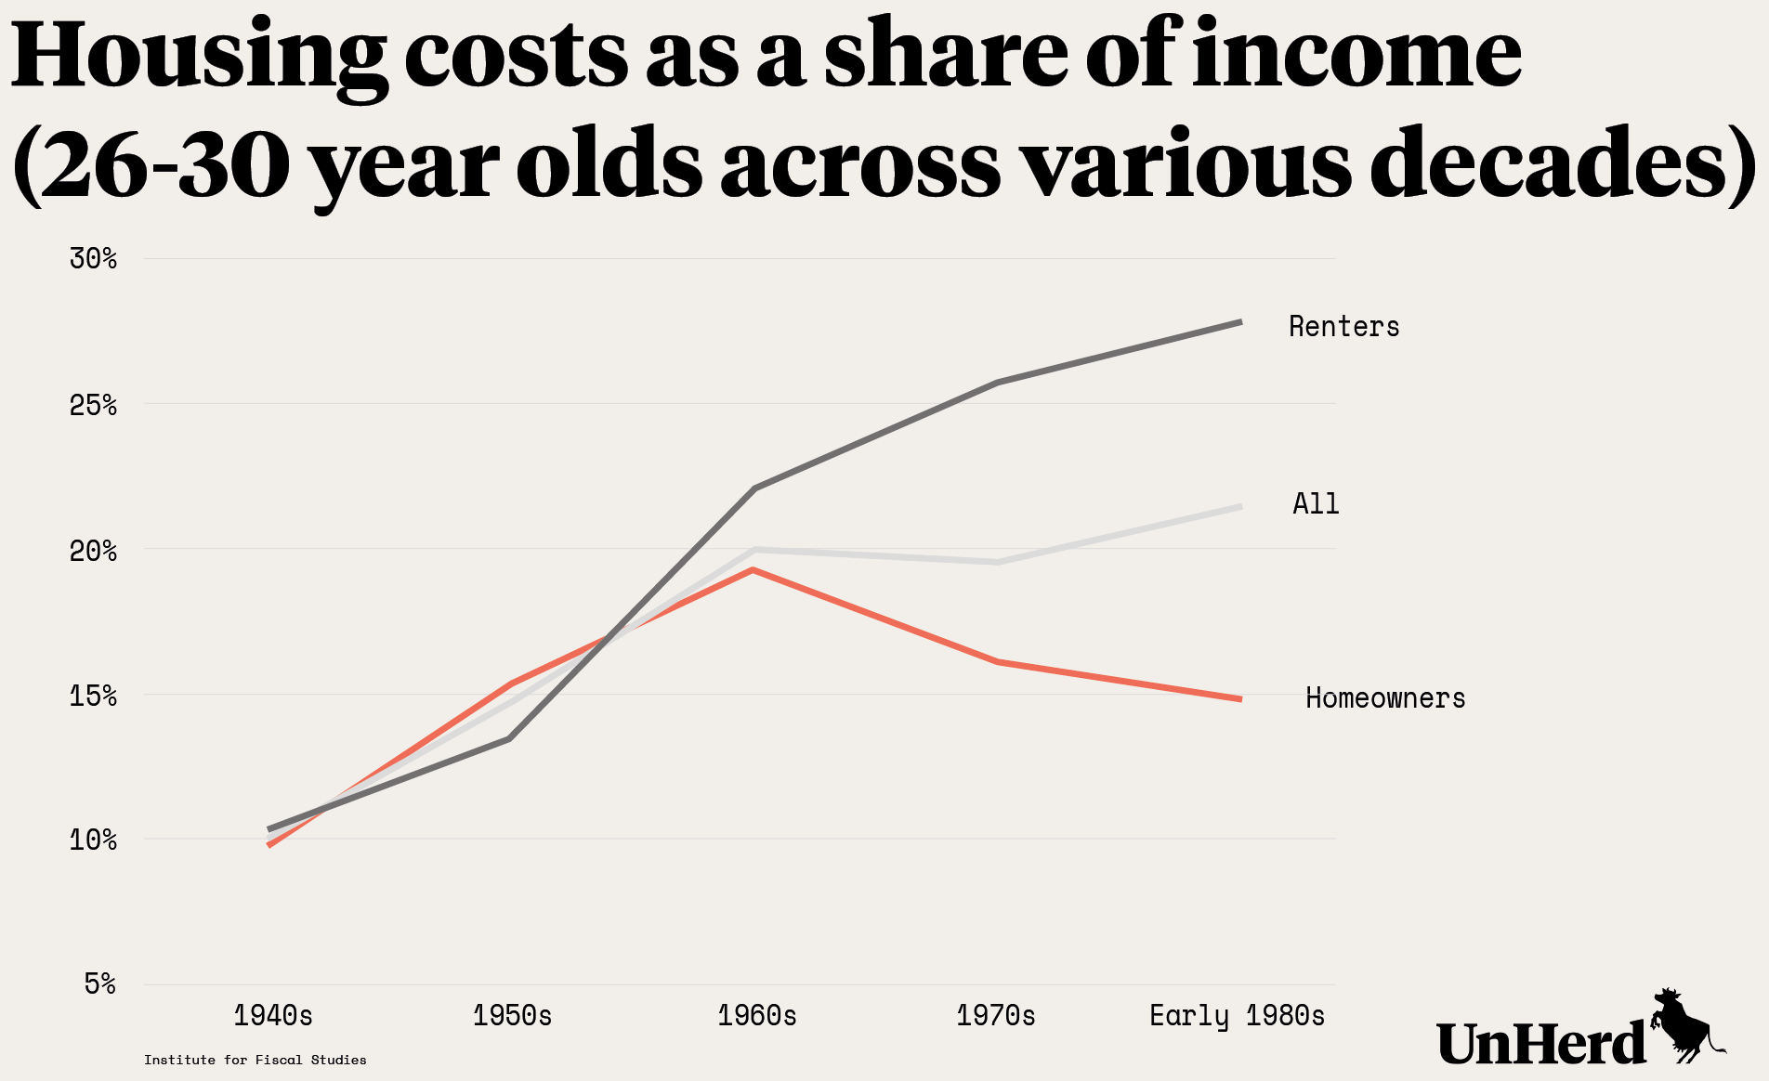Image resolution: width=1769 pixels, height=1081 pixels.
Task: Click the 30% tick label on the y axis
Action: pyautogui.click(x=93, y=258)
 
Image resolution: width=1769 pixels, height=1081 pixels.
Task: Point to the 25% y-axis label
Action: pyautogui.click(x=93, y=405)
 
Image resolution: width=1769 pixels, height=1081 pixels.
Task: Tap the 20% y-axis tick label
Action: pyautogui.click(x=93, y=551)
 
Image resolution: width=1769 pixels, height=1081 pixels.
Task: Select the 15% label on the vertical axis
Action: pyautogui.click(x=93, y=696)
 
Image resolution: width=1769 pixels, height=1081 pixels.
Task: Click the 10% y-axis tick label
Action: pyautogui.click(x=93, y=840)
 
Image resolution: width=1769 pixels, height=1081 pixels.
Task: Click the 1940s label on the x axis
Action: pyautogui.click(x=273, y=1016)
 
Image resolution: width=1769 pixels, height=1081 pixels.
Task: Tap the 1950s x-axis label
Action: pyautogui.click(x=512, y=1016)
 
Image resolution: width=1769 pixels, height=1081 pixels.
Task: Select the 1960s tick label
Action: pyautogui.click(x=757, y=1016)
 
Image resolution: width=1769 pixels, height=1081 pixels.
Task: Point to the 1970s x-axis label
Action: pyautogui.click(x=996, y=1016)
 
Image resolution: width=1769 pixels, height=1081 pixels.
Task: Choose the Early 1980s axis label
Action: pyautogui.click(x=1237, y=1016)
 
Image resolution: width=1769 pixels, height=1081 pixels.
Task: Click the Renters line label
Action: pyautogui.click(x=1343, y=327)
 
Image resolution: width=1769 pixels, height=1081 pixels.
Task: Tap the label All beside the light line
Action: pyautogui.click(x=1316, y=504)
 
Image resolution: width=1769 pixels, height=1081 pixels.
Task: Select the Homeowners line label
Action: pyautogui.click(x=1385, y=698)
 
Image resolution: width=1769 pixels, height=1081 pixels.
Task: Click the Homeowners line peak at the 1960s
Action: pyautogui.click(x=753, y=569)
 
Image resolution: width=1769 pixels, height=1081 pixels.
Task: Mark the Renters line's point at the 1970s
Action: pyautogui.click(x=997, y=383)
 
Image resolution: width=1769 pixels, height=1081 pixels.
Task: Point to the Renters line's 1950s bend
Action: pyautogui.click(x=510, y=738)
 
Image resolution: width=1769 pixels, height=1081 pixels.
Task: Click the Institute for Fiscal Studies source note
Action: pyautogui.click(x=256, y=1060)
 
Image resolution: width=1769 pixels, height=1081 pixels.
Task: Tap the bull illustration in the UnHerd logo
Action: pyautogui.click(x=1686, y=1026)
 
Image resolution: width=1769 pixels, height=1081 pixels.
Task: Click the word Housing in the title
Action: pyautogui.click(x=200, y=56)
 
